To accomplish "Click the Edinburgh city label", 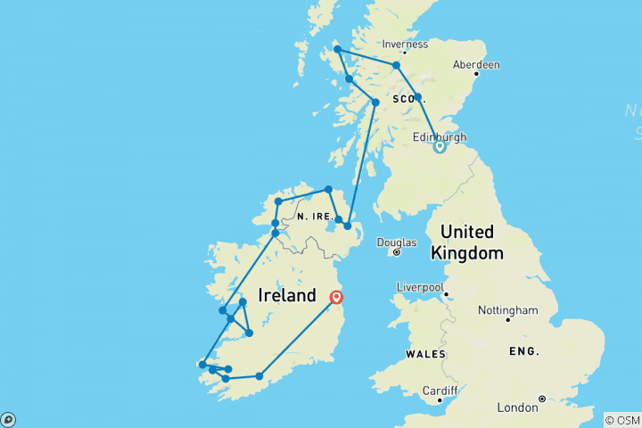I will (440, 136).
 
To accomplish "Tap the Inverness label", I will (405, 44).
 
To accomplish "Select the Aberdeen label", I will (476, 65).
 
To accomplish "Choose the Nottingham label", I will (508, 309).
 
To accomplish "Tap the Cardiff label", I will (440, 391).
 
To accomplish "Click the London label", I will (517, 407).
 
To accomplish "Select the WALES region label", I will (425, 354).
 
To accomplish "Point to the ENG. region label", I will (524, 351).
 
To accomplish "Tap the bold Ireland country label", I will (287, 295).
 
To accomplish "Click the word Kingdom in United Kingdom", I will (467, 253).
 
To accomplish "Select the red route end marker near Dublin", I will (337, 298).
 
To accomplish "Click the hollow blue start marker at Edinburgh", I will (440, 147).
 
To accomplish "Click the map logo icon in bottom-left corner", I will (9, 419).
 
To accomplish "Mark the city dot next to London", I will (541, 399).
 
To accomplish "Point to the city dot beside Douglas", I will (397, 252).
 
